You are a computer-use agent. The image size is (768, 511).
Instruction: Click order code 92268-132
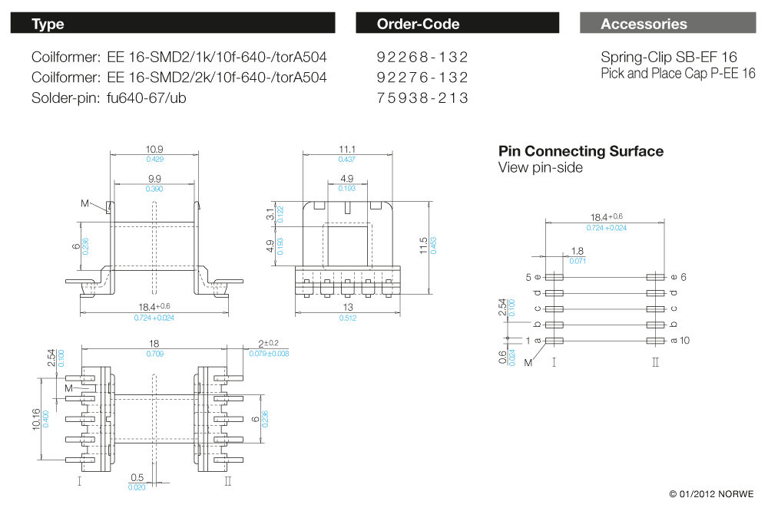point(422,58)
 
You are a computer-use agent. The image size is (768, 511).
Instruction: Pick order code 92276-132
point(422,77)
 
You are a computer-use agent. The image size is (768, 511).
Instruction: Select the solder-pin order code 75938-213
point(422,98)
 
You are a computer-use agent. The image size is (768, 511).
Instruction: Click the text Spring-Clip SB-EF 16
point(669,58)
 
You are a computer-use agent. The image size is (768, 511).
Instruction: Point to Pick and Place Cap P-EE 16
point(678,74)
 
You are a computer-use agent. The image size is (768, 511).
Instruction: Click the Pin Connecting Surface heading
point(581,151)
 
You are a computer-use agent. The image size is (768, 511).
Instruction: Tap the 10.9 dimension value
point(154,149)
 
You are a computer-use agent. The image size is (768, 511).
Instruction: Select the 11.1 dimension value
point(346,149)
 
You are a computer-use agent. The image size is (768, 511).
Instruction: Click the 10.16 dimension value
point(37,419)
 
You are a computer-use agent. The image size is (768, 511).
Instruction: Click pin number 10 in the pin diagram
point(686,341)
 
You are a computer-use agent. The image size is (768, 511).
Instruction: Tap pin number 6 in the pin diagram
point(683,277)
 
